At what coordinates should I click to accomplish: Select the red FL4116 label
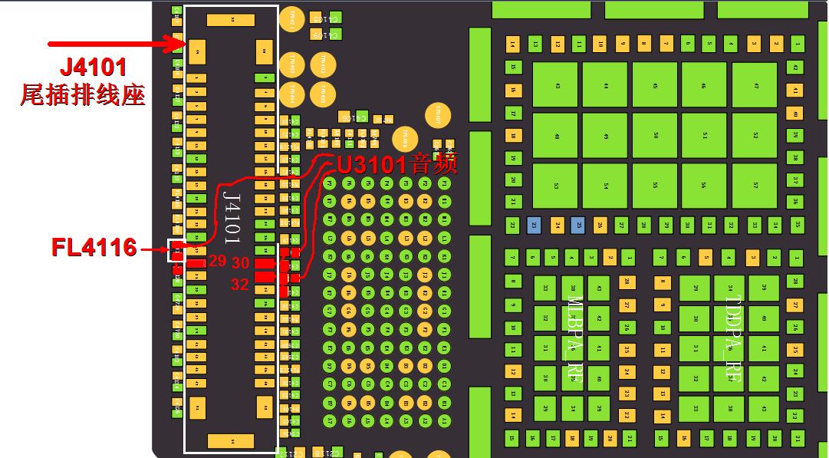[x=94, y=247]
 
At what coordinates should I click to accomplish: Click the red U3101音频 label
[x=396, y=163]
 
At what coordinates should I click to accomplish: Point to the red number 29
[x=218, y=261]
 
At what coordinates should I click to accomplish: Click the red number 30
[x=240, y=263]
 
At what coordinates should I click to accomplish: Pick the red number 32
[x=239, y=285]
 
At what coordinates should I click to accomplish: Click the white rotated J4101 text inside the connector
[x=230, y=216]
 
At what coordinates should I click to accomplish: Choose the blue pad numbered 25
[x=578, y=226]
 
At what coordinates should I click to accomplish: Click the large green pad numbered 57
[x=755, y=186]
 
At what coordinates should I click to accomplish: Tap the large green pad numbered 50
[x=655, y=135]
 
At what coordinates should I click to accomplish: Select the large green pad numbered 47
[x=755, y=85]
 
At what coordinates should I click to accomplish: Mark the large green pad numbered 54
[x=605, y=186]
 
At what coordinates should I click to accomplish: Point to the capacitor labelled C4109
[x=331, y=35]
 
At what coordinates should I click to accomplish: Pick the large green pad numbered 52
[x=755, y=135]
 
